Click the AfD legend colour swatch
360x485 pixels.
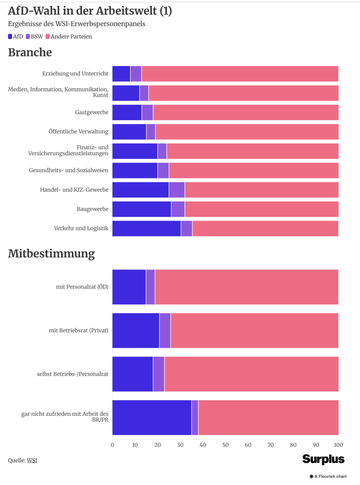click(x=10, y=36)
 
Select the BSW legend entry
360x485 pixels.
click(x=34, y=36)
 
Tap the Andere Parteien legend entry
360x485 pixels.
click(x=68, y=36)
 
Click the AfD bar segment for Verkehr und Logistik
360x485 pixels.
click(x=147, y=229)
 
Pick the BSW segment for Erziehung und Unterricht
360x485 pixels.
click(x=136, y=74)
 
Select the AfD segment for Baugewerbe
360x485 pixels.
click(x=142, y=209)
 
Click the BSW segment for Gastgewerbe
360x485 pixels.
click(x=147, y=112)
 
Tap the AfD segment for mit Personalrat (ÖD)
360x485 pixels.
click(x=129, y=287)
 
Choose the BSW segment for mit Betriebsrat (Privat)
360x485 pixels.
click(x=165, y=331)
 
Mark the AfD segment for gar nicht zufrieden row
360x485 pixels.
click(x=152, y=417)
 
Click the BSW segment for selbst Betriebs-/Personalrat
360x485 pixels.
click(x=159, y=374)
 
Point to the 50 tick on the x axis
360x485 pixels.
click(x=225, y=445)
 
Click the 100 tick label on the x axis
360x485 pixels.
click(x=338, y=445)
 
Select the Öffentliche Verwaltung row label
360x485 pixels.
click(x=79, y=132)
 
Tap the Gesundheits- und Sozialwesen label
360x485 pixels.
click(x=69, y=171)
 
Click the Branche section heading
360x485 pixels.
click(x=30, y=53)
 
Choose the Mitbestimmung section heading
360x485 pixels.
click(x=51, y=254)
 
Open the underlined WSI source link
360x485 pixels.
click(x=32, y=460)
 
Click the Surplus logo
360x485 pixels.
click(x=324, y=459)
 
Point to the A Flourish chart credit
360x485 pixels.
click(x=328, y=476)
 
